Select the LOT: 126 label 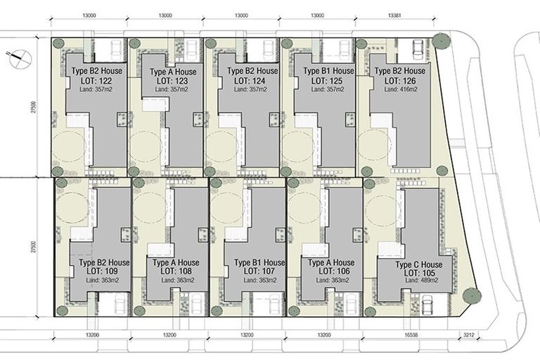(x=399, y=81)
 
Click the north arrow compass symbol (x=18, y=56)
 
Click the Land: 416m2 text (x=399, y=89)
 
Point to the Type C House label (x=418, y=264)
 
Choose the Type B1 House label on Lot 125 (x=328, y=72)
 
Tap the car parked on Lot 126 (x=418, y=50)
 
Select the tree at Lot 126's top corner (x=442, y=40)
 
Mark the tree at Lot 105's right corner (x=470, y=296)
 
